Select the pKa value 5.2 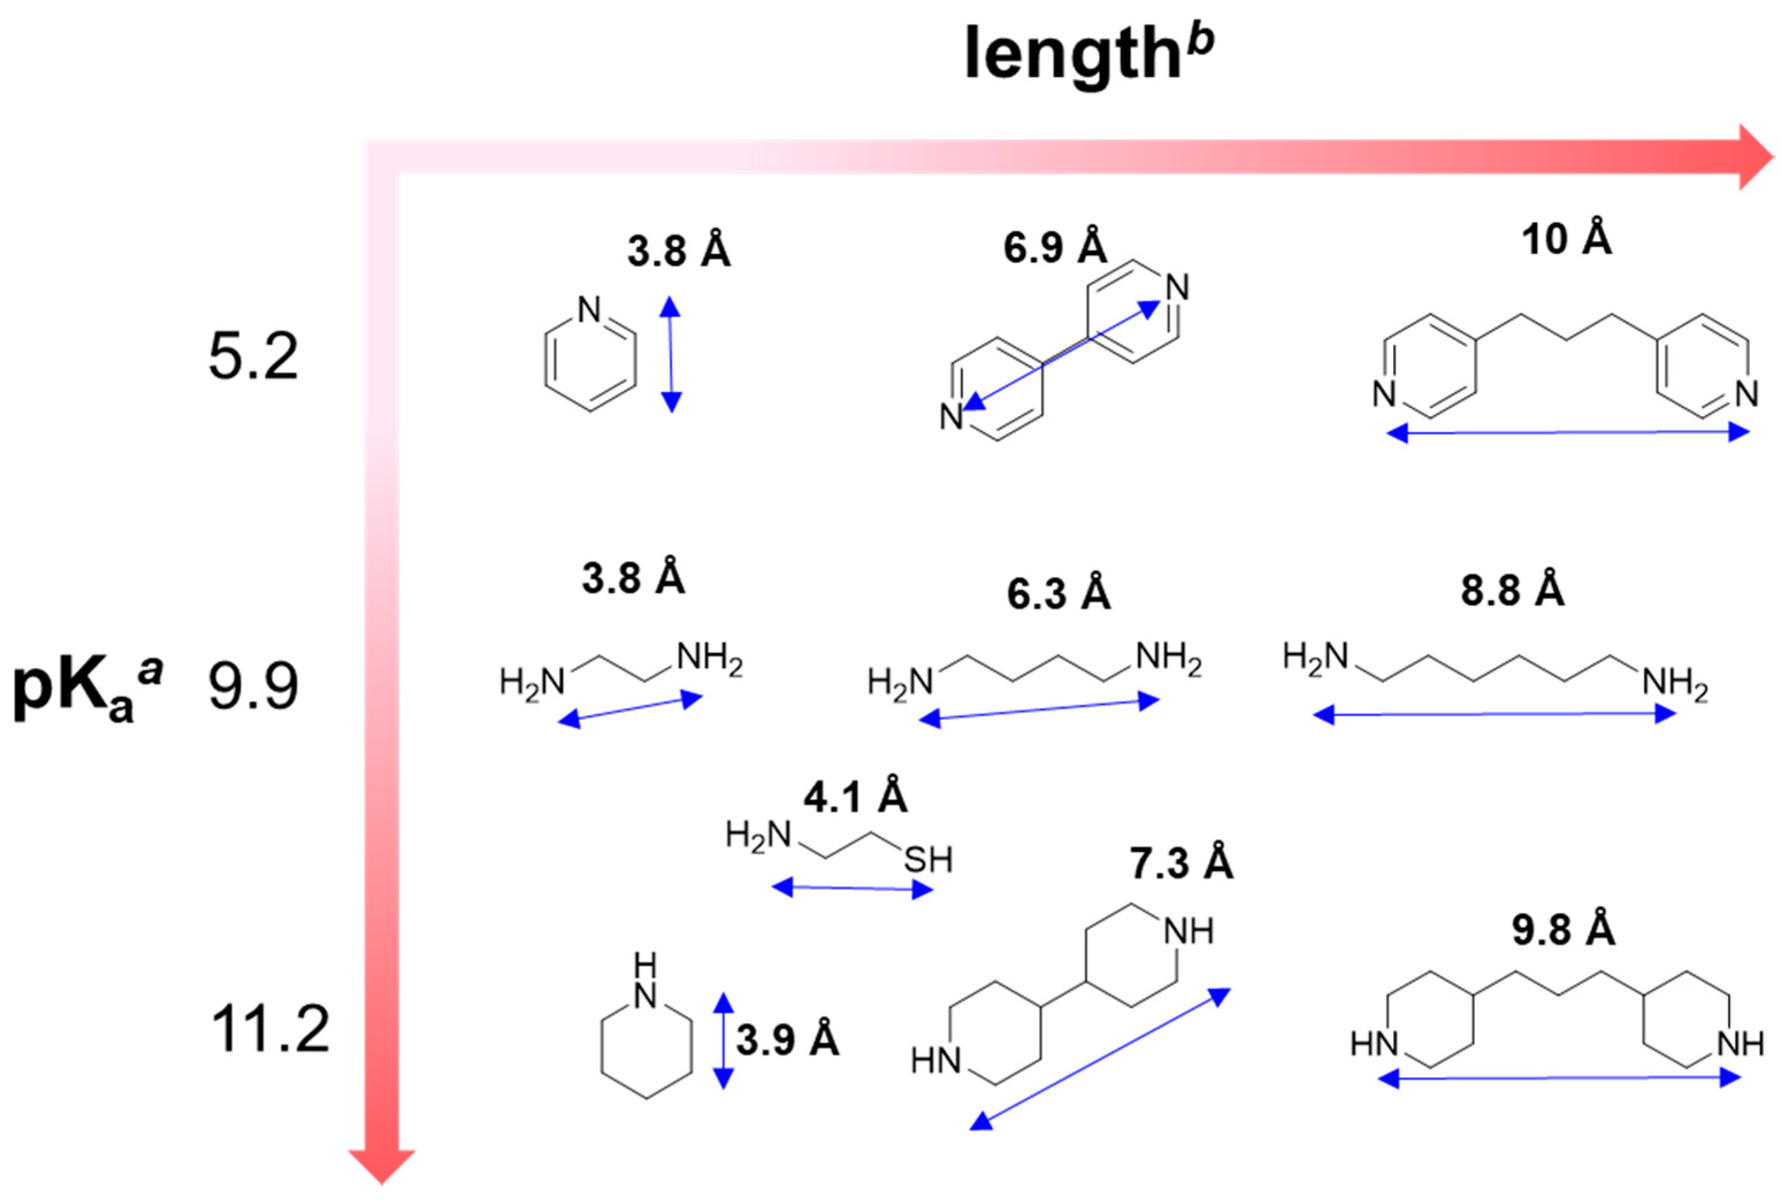click(252, 357)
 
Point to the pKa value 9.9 click(252, 686)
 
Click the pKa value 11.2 click(270, 1029)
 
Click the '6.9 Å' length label click(1055, 247)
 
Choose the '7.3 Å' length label click(1181, 863)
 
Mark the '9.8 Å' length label click(1563, 930)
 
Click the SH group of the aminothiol click(928, 860)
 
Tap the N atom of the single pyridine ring click(589, 310)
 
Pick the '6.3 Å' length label click(1057, 594)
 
